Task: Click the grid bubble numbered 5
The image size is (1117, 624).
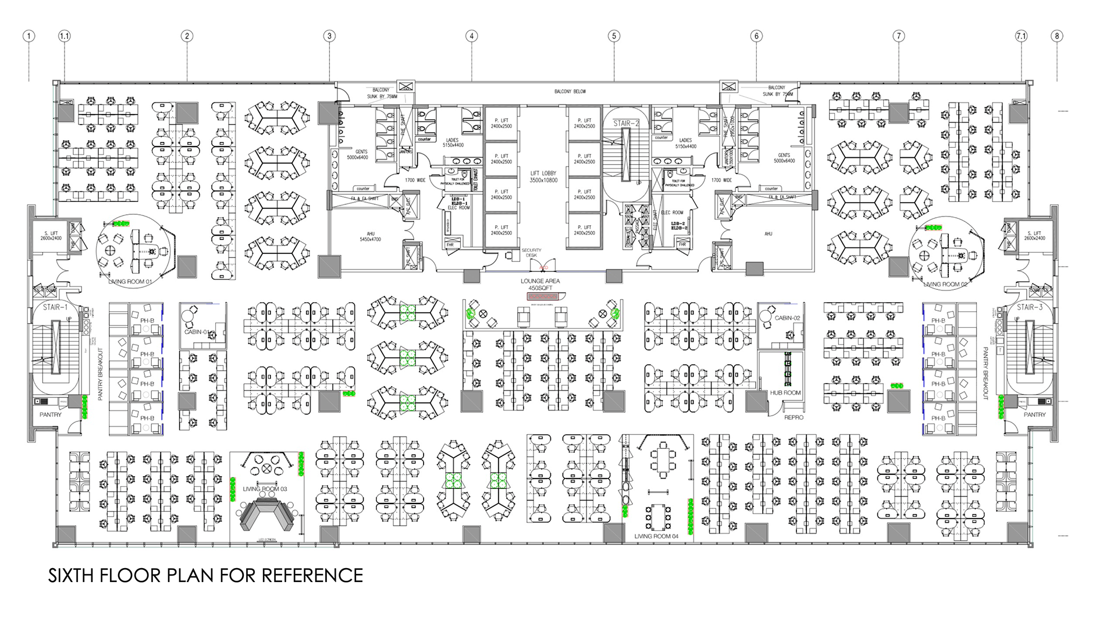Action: coord(614,36)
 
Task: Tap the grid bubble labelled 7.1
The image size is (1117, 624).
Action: coord(1021,36)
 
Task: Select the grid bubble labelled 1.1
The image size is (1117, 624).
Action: coord(64,36)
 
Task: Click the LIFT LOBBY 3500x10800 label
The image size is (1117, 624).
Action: coord(543,177)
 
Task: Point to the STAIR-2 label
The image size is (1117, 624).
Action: coord(626,123)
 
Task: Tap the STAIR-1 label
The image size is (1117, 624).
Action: coord(55,307)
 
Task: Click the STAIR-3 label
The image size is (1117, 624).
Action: coord(1030,307)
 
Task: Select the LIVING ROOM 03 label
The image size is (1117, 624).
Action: coord(265,489)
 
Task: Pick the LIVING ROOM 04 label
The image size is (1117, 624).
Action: coord(656,536)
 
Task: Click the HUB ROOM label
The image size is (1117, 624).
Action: coord(785,393)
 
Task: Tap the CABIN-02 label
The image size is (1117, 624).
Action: coord(787,318)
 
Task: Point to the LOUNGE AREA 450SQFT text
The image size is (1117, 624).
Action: coord(540,284)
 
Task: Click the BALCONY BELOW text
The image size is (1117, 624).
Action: coord(570,91)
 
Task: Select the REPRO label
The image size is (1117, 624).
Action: coord(794,417)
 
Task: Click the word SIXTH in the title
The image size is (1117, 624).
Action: coord(71,576)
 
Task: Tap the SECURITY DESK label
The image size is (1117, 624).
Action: coord(531,253)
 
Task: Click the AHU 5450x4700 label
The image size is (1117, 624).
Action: coord(371,236)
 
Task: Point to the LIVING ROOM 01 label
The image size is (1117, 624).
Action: coord(130,282)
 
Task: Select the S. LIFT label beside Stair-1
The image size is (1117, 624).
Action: coord(51,235)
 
